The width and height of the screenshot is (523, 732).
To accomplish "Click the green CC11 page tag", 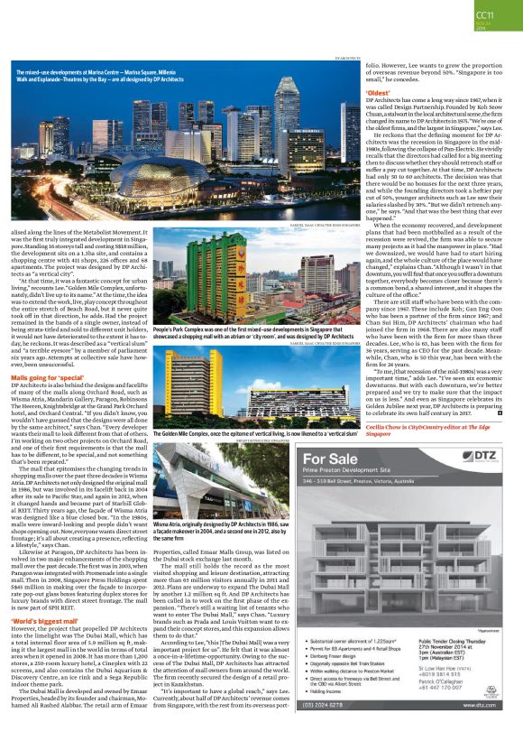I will coord(484,15).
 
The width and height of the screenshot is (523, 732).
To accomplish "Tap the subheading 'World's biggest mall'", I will coord(41,596).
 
